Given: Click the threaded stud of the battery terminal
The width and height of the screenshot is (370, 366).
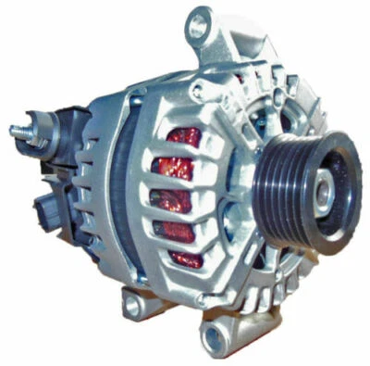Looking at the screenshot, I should click(x=18, y=130).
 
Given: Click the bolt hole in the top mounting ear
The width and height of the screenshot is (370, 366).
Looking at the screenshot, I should click(x=196, y=25).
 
